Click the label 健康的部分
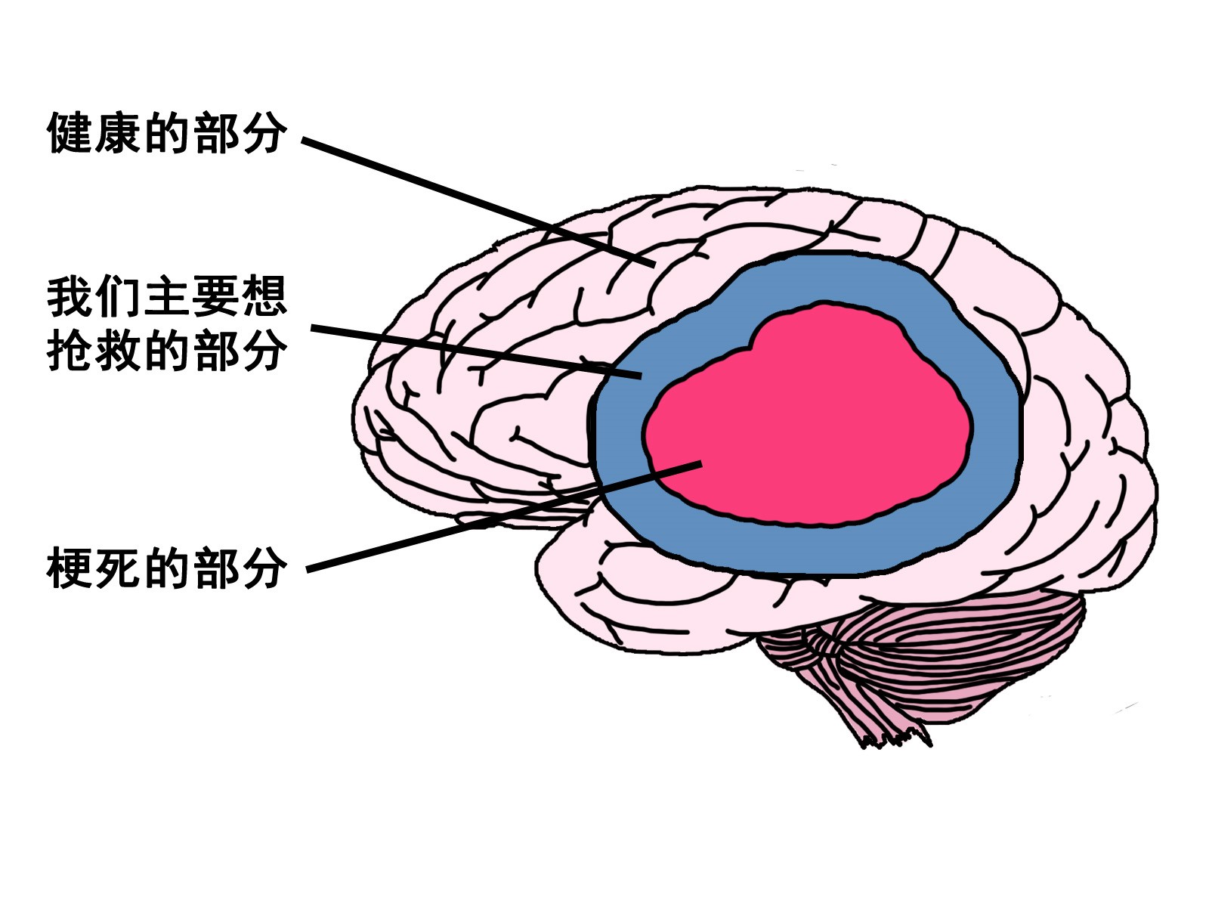click(166, 134)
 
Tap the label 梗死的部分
click(166, 568)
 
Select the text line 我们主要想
click(166, 296)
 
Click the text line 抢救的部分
click(166, 351)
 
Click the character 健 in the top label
click(70, 134)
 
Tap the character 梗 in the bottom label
click(70, 568)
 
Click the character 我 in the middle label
click(70, 296)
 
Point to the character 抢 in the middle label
click(70, 351)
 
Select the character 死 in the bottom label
click(118, 568)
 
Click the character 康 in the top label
click(118, 134)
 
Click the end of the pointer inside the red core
click(700, 463)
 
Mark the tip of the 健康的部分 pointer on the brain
click(653, 264)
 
